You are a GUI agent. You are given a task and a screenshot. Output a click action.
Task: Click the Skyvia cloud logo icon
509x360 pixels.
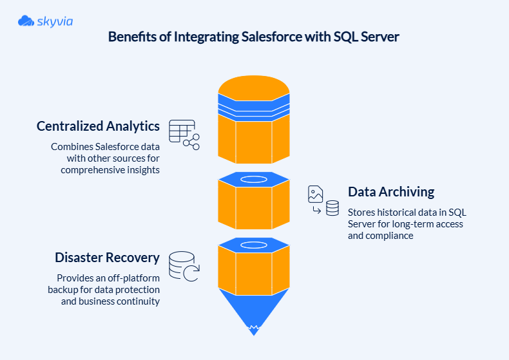26,21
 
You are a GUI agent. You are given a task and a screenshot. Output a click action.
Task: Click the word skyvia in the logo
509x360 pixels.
55,22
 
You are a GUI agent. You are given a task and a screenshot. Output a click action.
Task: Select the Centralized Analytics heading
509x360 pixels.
98,126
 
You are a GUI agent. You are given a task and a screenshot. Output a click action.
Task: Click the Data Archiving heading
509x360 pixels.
391,192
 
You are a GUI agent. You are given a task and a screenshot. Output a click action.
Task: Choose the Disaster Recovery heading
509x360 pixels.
107,258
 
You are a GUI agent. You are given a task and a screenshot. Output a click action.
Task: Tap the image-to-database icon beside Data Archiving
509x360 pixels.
323,200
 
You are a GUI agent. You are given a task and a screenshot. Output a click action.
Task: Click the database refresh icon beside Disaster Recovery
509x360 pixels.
184,266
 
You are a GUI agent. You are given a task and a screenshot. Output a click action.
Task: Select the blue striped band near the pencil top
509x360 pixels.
254,105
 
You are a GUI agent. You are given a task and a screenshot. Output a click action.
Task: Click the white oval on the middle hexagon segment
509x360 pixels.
254,179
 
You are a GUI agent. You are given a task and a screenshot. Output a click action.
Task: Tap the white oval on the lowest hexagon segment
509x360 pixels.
254,245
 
